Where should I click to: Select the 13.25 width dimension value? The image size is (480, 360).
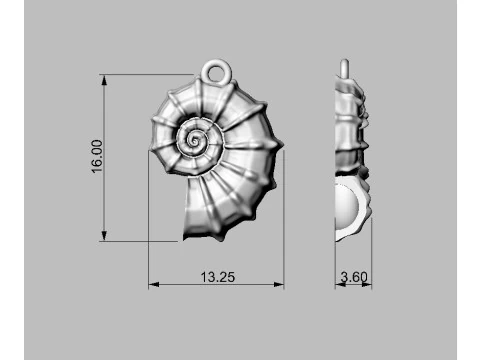[x=217, y=277]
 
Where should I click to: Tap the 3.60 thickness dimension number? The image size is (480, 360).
[x=354, y=277]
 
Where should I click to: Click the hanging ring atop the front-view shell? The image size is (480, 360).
[x=217, y=72]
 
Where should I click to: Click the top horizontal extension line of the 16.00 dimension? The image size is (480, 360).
[x=150, y=74]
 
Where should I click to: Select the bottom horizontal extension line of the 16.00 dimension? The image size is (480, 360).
[x=140, y=240]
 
